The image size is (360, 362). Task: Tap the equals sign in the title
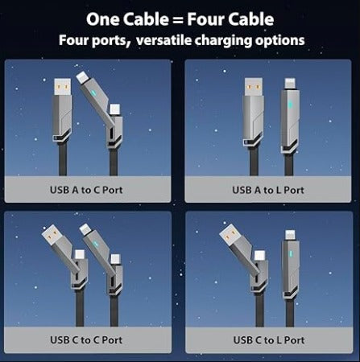[x=178, y=18]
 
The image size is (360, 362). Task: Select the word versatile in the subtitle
[x=172, y=39]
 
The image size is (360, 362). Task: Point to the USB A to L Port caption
[x=268, y=191]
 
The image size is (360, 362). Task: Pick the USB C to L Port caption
[x=268, y=339]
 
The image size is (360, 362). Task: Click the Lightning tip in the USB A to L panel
[x=289, y=83]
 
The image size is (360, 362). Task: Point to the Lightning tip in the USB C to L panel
[x=289, y=233]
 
